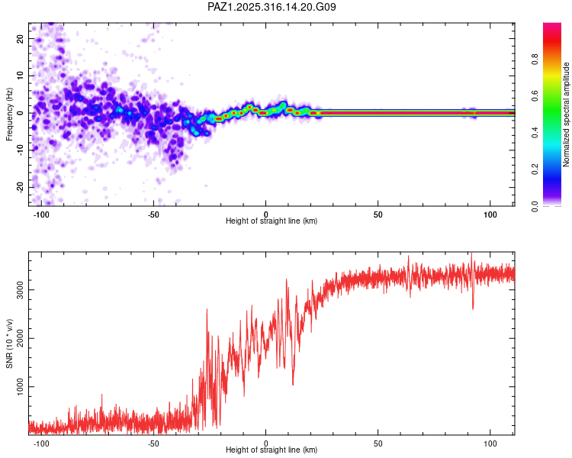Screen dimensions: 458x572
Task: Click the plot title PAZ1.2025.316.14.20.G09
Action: [272, 8]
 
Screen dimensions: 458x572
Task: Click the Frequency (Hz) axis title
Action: [10, 114]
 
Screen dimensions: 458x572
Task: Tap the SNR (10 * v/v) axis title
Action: [10, 343]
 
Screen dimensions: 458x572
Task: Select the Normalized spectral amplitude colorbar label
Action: [566, 114]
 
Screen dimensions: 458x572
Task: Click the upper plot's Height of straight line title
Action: [272, 221]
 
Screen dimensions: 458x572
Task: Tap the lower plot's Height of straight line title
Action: [272, 450]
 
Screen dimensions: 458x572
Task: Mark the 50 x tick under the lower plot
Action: [378, 443]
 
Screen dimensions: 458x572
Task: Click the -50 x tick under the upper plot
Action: [153, 214]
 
